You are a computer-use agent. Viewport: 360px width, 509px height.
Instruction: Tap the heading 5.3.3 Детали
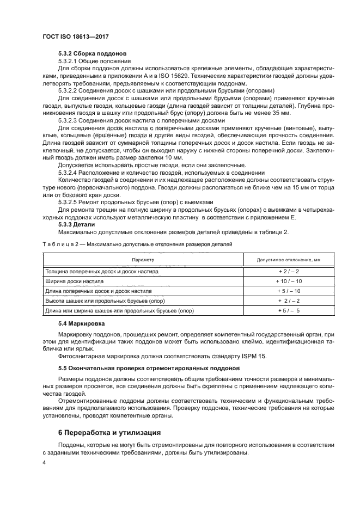[76, 224]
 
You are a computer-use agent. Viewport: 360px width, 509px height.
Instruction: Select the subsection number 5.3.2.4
[69, 172]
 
